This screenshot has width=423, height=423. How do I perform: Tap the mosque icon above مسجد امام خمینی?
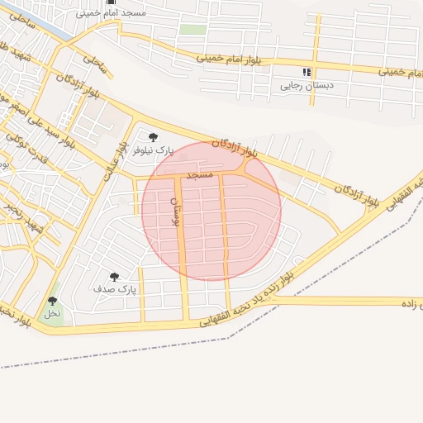pos(112,2)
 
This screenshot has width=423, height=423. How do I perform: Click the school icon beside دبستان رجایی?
pos(307,72)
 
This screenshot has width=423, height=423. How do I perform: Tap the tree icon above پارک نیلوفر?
pos(153,137)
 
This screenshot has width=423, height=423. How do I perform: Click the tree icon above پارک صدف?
pos(114,277)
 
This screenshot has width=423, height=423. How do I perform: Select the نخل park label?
pos(52,314)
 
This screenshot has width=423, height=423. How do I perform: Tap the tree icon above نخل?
pos(53,302)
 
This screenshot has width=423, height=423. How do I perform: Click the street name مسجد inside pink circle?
pos(200,175)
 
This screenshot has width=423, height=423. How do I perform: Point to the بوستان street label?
pos(173,211)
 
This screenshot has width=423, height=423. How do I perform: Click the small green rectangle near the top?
pos(192,30)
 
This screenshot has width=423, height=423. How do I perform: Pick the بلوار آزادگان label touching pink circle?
pos(235,148)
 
